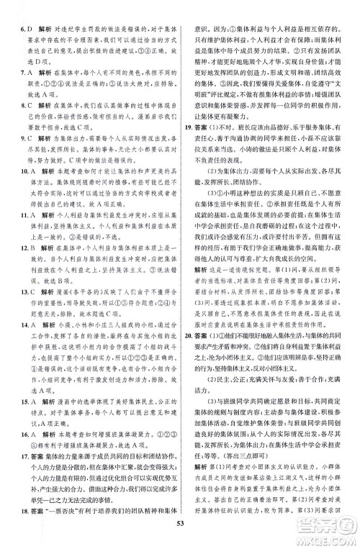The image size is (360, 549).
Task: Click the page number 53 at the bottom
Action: pos(180,541)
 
